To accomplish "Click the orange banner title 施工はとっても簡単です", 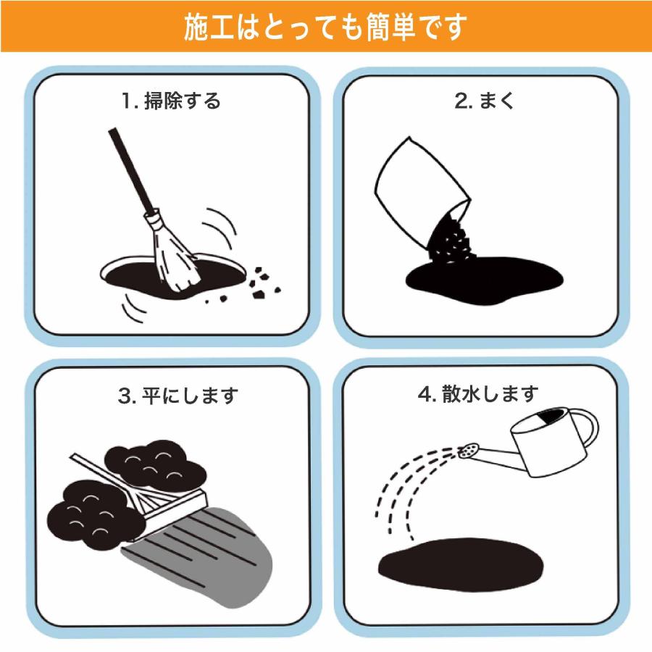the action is coord(325,28).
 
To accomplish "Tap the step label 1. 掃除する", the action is coord(171,101).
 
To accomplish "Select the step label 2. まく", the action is coord(485,101).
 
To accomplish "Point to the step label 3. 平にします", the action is coord(178,396).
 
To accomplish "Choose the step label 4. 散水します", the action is coord(478,393).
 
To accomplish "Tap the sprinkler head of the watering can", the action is coord(469,451).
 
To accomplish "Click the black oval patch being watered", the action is coord(461,564).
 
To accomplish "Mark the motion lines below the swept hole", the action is coord(134,307).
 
